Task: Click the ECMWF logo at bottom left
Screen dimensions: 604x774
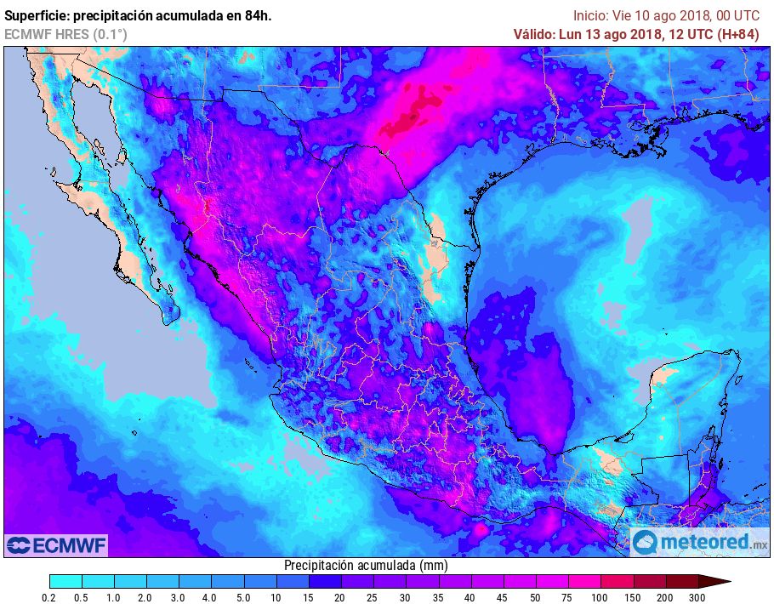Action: point(56,544)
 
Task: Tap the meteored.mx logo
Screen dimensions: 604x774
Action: point(701,541)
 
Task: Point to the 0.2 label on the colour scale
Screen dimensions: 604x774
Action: point(50,598)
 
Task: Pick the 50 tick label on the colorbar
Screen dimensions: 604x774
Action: point(534,598)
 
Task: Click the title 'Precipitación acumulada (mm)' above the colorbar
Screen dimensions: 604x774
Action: point(366,565)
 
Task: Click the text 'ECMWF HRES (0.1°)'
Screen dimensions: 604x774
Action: point(65,34)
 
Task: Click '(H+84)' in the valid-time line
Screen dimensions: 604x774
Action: point(738,34)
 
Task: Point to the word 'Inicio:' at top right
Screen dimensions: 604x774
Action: point(590,15)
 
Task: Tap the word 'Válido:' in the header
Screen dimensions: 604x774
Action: point(532,34)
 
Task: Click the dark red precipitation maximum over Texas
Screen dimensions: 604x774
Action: point(408,119)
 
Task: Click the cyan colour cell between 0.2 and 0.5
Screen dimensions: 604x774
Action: point(66,581)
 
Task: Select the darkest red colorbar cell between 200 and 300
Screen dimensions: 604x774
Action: point(682,581)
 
